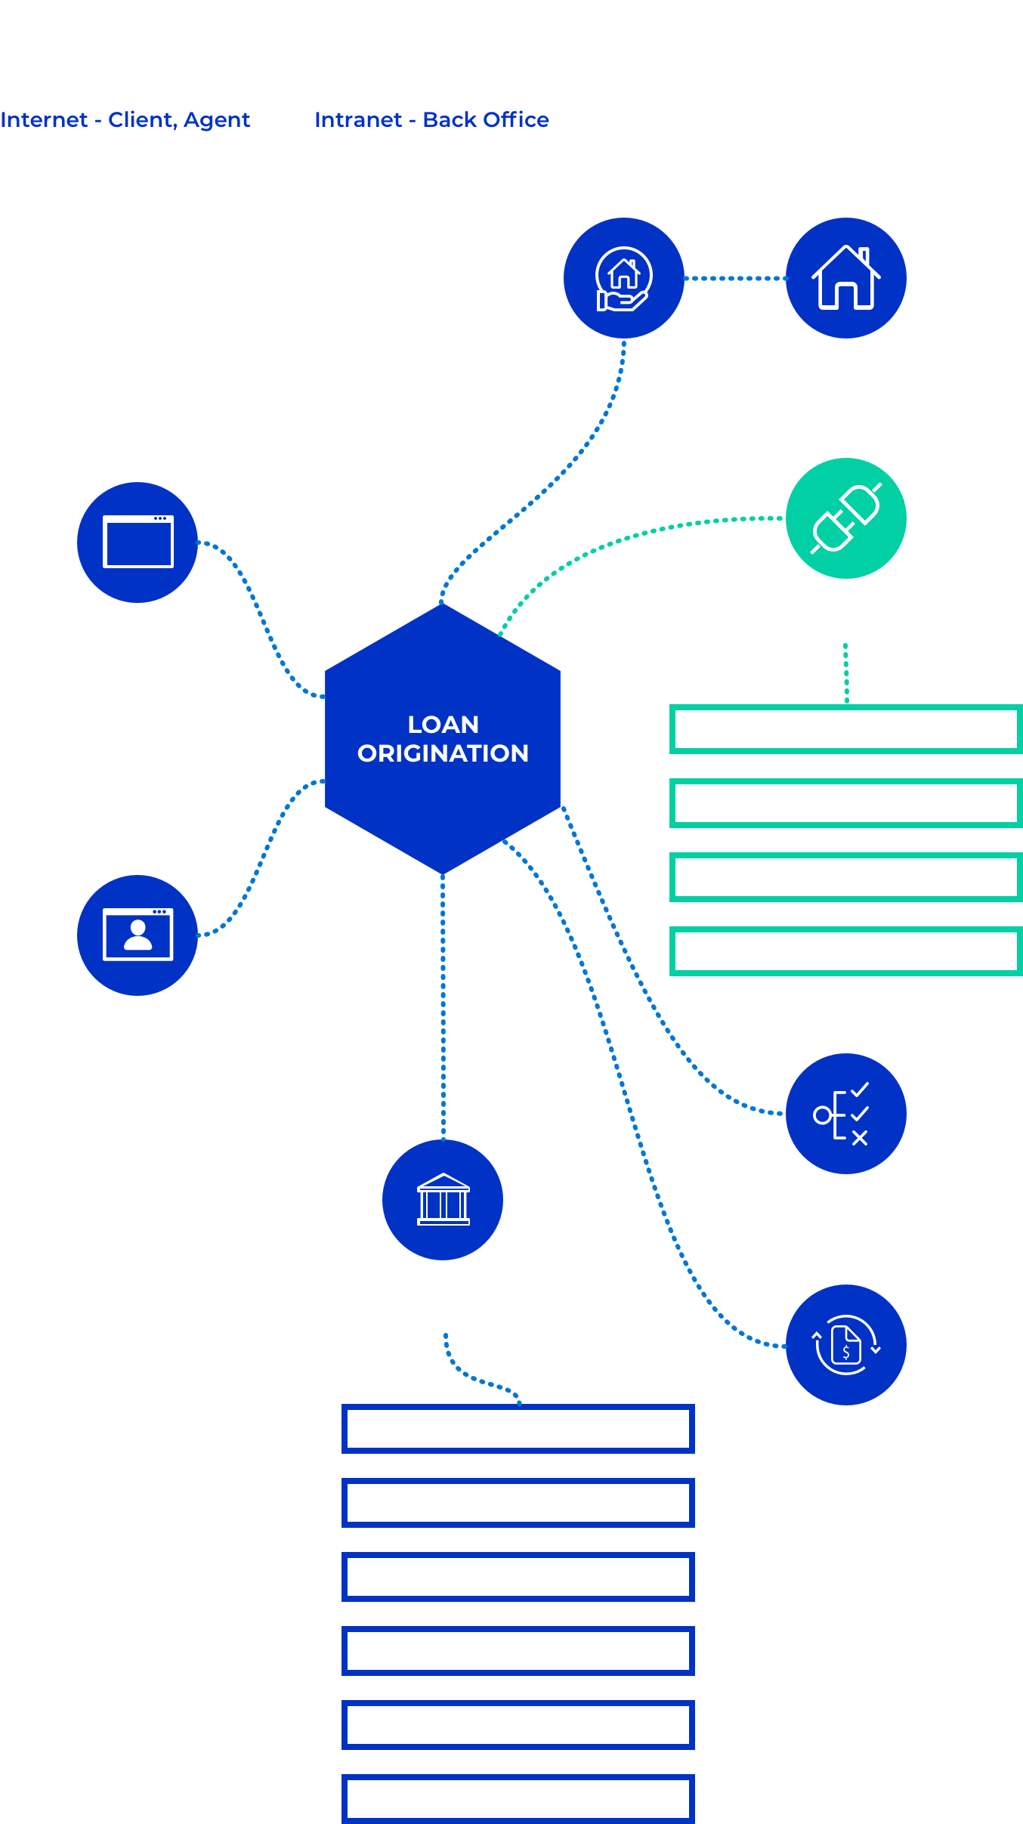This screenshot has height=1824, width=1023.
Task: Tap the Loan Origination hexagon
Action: (x=443, y=739)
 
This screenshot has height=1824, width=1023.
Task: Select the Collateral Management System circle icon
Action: (x=623, y=278)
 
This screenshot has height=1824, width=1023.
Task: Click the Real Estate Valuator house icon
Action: (x=845, y=278)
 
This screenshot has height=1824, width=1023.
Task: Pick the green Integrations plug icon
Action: (x=845, y=518)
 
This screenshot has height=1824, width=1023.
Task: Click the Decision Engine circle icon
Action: (x=845, y=1114)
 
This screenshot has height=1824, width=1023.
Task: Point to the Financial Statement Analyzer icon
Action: (x=845, y=1345)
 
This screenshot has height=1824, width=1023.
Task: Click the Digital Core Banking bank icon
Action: (x=443, y=1200)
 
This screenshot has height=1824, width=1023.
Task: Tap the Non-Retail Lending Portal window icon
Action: (x=138, y=543)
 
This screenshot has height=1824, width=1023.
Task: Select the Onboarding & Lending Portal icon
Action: (x=138, y=935)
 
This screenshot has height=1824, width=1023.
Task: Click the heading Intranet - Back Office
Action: (x=431, y=119)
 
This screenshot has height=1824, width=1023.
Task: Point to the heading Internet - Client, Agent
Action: (x=125, y=119)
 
